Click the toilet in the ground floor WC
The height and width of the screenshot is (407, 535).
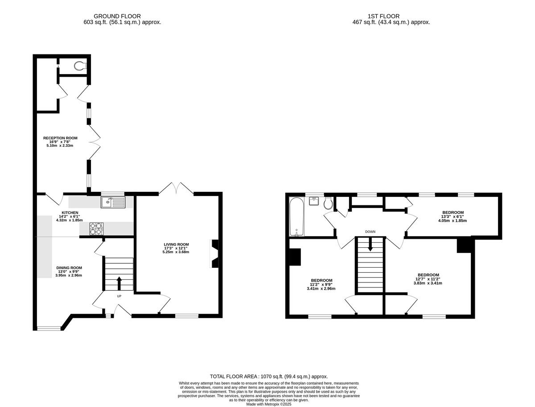click(x=80, y=66)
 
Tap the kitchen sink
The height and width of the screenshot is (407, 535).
click(x=113, y=203)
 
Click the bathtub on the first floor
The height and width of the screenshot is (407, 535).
click(x=296, y=216)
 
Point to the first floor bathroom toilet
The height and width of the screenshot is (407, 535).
click(x=328, y=203)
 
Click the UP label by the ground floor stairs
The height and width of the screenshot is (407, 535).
click(x=119, y=296)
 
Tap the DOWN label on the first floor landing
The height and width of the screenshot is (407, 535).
click(x=370, y=232)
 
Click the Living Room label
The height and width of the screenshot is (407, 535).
click(x=176, y=245)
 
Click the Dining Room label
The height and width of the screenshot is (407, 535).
click(x=69, y=268)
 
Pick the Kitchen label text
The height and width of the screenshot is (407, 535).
click(x=70, y=212)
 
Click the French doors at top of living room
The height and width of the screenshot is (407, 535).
click(x=176, y=189)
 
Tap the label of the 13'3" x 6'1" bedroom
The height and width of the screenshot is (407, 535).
click(x=453, y=212)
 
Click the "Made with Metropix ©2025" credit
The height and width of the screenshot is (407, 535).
click(x=268, y=404)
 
